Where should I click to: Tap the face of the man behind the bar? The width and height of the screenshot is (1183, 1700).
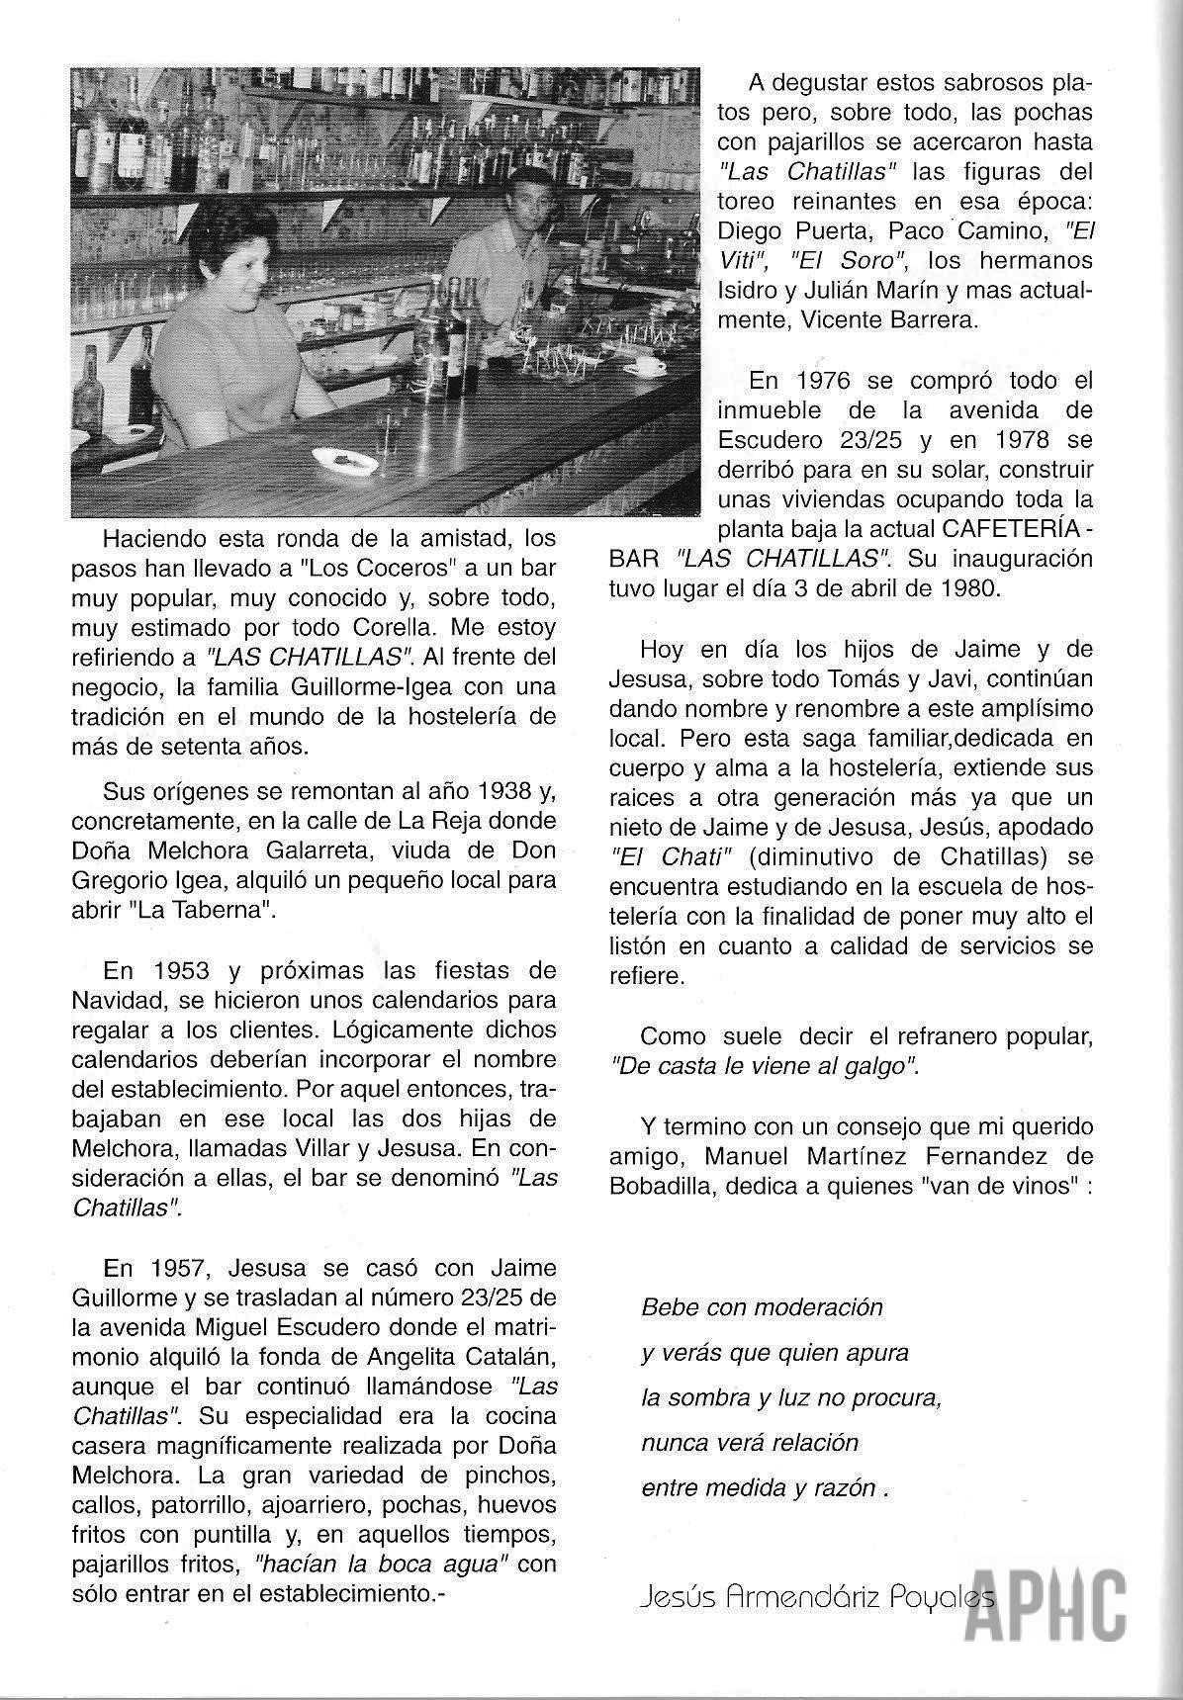[x=532, y=205]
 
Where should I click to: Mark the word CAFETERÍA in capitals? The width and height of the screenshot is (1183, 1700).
[x=1008, y=528]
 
